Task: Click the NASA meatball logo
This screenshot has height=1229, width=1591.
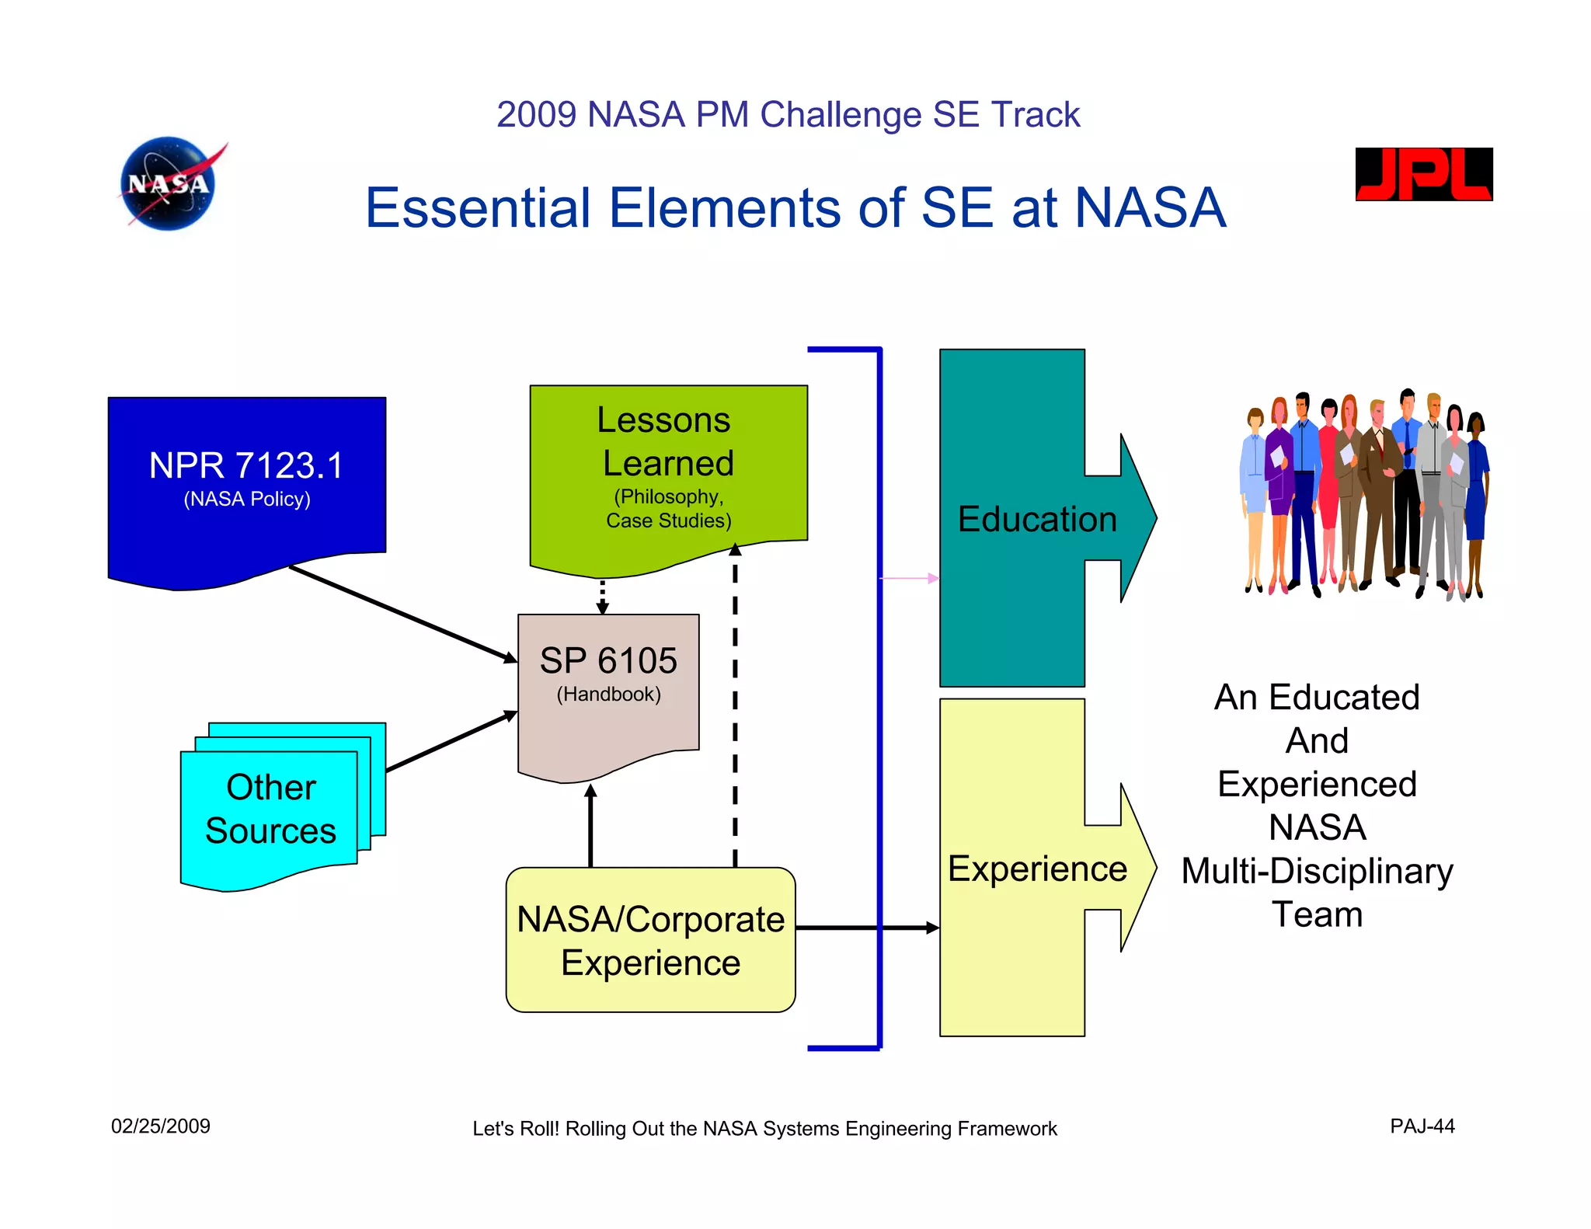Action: tap(169, 184)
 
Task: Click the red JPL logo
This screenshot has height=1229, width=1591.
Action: tap(1423, 174)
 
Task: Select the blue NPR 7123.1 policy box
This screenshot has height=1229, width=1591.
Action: tap(246, 482)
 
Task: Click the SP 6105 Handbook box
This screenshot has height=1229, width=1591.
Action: tap(608, 684)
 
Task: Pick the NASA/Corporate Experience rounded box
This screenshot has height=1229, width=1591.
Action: tap(650, 940)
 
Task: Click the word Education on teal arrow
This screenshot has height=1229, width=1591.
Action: tap(1037, 519)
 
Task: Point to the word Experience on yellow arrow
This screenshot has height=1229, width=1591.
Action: tap(1037, 869)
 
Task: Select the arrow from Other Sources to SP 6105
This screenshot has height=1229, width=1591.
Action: tap(451, 742)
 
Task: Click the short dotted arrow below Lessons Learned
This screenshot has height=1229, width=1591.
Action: tap(602, 597)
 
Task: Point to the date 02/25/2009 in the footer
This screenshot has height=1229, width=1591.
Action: tap(160, 1126)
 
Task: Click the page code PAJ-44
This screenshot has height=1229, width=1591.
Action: tap(1422, 1126)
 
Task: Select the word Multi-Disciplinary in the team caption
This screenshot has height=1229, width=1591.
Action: tap(1317, 871)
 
